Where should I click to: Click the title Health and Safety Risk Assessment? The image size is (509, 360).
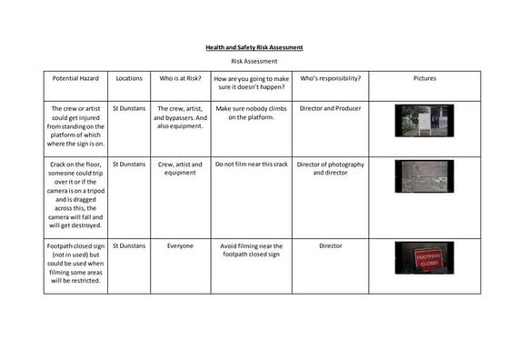pyautogui.click(x=254, y=47)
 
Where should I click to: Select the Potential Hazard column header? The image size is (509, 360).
pyautogui.click(x=75, y=78)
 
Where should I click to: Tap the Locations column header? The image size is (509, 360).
pyautogui.click(x=129, y=78)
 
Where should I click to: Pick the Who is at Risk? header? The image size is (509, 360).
pyautogui.click(x=181, y=78)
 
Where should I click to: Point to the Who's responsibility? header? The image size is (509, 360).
pyautogui.click(x=330, y=78)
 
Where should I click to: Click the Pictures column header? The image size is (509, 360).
pyautogui.click(x=424, y=78)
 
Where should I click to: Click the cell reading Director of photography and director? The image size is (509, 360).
pyautogui.click(x=330, y=168)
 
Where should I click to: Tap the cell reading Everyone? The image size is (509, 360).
pyautogui.click(x=181, y=245)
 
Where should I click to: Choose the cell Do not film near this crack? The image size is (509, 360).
pyautogui.click(x=251, y=165)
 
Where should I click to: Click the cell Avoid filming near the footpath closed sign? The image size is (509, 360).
pyautogui.click(x=251, y=250)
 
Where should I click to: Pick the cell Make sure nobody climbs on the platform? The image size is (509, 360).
pyautogui.click(x=251, y=113)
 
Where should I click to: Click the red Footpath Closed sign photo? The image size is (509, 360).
pyautogui.click(x=424, y=257)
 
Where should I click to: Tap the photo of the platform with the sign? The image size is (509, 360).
pyautogui.click(x=424, y=121)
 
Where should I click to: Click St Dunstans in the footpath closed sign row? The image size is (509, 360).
pyautogui.click(x=129, y=245)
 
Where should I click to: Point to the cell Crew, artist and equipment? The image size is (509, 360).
pyautogui.click(x=181, y=168)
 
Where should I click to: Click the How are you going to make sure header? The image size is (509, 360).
pyautogui.click(x=251, y=83)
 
